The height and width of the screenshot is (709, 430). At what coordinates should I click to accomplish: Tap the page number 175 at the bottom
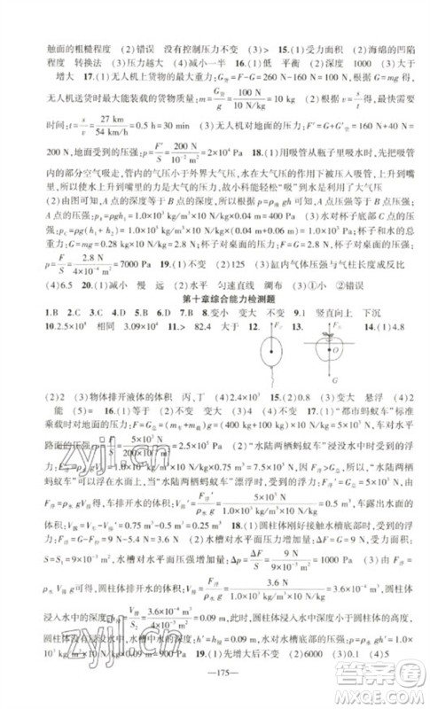214,689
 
